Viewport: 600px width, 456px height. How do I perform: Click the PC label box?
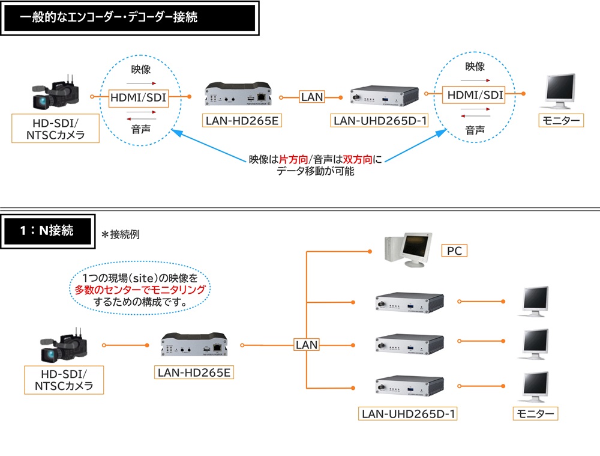tap(455, 250)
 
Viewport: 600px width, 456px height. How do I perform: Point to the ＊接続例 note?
tap(121, 234)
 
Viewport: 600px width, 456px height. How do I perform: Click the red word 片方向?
tap(293, 160)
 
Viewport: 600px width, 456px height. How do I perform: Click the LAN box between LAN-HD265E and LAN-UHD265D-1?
tap(312, 96)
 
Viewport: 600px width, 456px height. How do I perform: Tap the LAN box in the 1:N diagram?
tap(307, 345)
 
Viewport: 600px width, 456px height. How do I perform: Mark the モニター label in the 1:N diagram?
tap(535, 413)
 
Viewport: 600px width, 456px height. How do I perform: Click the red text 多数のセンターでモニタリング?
tap(140, 290)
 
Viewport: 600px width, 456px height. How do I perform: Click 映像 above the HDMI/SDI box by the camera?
tap(140, 70)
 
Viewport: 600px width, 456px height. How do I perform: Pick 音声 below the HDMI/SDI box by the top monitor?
tap(475, 130)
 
